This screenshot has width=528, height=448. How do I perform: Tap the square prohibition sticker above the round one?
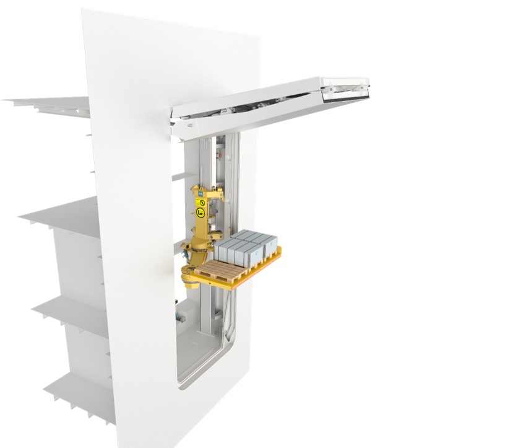click(x=201, y=201)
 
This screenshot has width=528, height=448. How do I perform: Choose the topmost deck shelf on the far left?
click(x=50, y=102)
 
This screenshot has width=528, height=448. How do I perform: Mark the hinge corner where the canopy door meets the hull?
click(x=180, y=124)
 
